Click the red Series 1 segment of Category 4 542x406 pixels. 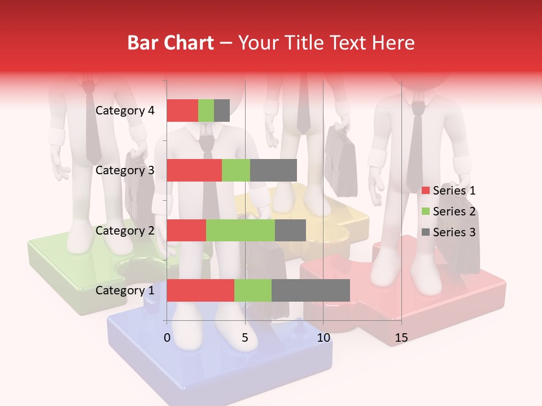coord(182,111)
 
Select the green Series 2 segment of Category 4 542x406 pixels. coord(206,111)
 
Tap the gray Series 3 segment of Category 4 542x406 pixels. coord(222,111)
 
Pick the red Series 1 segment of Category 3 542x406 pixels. coord(194,170)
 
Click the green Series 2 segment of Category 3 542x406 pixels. coord(236,170)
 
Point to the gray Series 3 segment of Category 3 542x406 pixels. coord(273,170)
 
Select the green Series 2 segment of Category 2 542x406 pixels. coord(241,230)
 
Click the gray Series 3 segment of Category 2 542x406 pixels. coord(290,230)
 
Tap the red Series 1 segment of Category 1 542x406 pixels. coord(200,290)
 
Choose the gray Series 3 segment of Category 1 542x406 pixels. coord(311,290)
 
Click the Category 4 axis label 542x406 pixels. coord(125,111)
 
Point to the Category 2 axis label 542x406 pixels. coord(125,230)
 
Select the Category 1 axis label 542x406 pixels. coord(125,290)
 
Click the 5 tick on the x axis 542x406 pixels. coord(245,338)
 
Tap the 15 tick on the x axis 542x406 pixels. coord(401,338)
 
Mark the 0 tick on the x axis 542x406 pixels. coord(167,338)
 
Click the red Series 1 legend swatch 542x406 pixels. coord(426,191)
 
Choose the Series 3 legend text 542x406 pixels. coord(454,232)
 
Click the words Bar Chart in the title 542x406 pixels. coord(170,43)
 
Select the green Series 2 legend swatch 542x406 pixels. coord(426,211)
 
